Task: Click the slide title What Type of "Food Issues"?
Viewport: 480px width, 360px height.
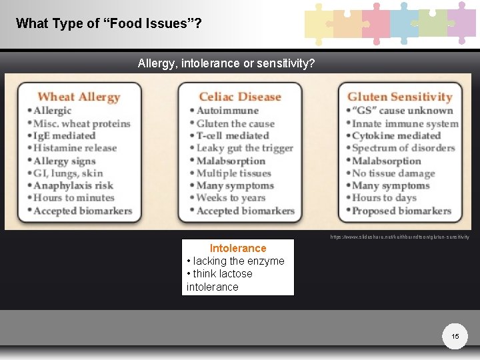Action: click(109, 23)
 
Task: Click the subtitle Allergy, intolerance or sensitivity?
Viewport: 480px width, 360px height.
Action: click(227, 63)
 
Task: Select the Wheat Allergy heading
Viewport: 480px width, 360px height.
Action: click(79, 97)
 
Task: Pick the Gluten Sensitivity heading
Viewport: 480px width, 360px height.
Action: click(399, 97)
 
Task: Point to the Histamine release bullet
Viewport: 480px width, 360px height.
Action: click(75, 148)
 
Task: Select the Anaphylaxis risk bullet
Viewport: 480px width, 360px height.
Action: click(73, 185)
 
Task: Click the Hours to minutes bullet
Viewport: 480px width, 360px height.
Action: click(73, 198)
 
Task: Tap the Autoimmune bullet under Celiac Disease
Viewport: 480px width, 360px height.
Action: click(227, 111)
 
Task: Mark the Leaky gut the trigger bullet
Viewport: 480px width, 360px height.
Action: click(244, 148)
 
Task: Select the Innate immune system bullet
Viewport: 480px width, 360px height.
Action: click(405, 123)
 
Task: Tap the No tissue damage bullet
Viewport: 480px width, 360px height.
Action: click(393, 173)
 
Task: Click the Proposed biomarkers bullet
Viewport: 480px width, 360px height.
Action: click(401, 211)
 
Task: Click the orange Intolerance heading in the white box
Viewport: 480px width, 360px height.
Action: click(238, 248)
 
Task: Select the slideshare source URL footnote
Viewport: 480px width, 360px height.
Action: click(400, 237)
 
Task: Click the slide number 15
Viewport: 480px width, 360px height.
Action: click(455, 337)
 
